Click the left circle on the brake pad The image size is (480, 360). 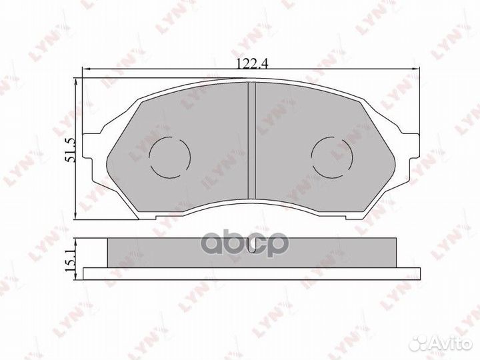point(169,157)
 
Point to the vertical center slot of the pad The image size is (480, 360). point(251,140)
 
